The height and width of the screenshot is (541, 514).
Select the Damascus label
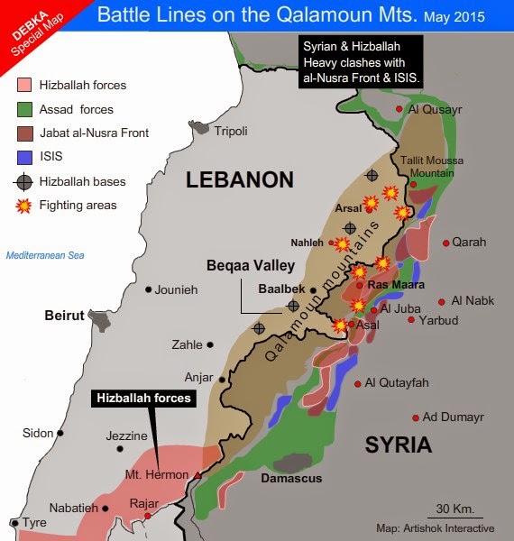click(x=290, y=479)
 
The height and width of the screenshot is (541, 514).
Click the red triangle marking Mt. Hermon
click(x=197, y=473)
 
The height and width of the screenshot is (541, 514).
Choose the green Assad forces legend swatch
click(x=24, y=110)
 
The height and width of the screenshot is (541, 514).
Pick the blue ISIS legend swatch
click(x=24, y=157)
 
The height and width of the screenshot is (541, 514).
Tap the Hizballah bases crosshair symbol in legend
click(x=24, y=181)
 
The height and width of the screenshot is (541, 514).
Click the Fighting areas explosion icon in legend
click(x=24, y=206)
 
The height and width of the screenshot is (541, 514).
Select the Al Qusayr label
click(x=436, y=110)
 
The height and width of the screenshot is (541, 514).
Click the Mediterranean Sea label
click(x=45, y=255)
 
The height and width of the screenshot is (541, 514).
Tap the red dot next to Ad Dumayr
click(x=416, y=417)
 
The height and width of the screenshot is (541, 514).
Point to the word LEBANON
click(x=240, y=180)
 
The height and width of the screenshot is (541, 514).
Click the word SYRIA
click(x=398, y=445)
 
